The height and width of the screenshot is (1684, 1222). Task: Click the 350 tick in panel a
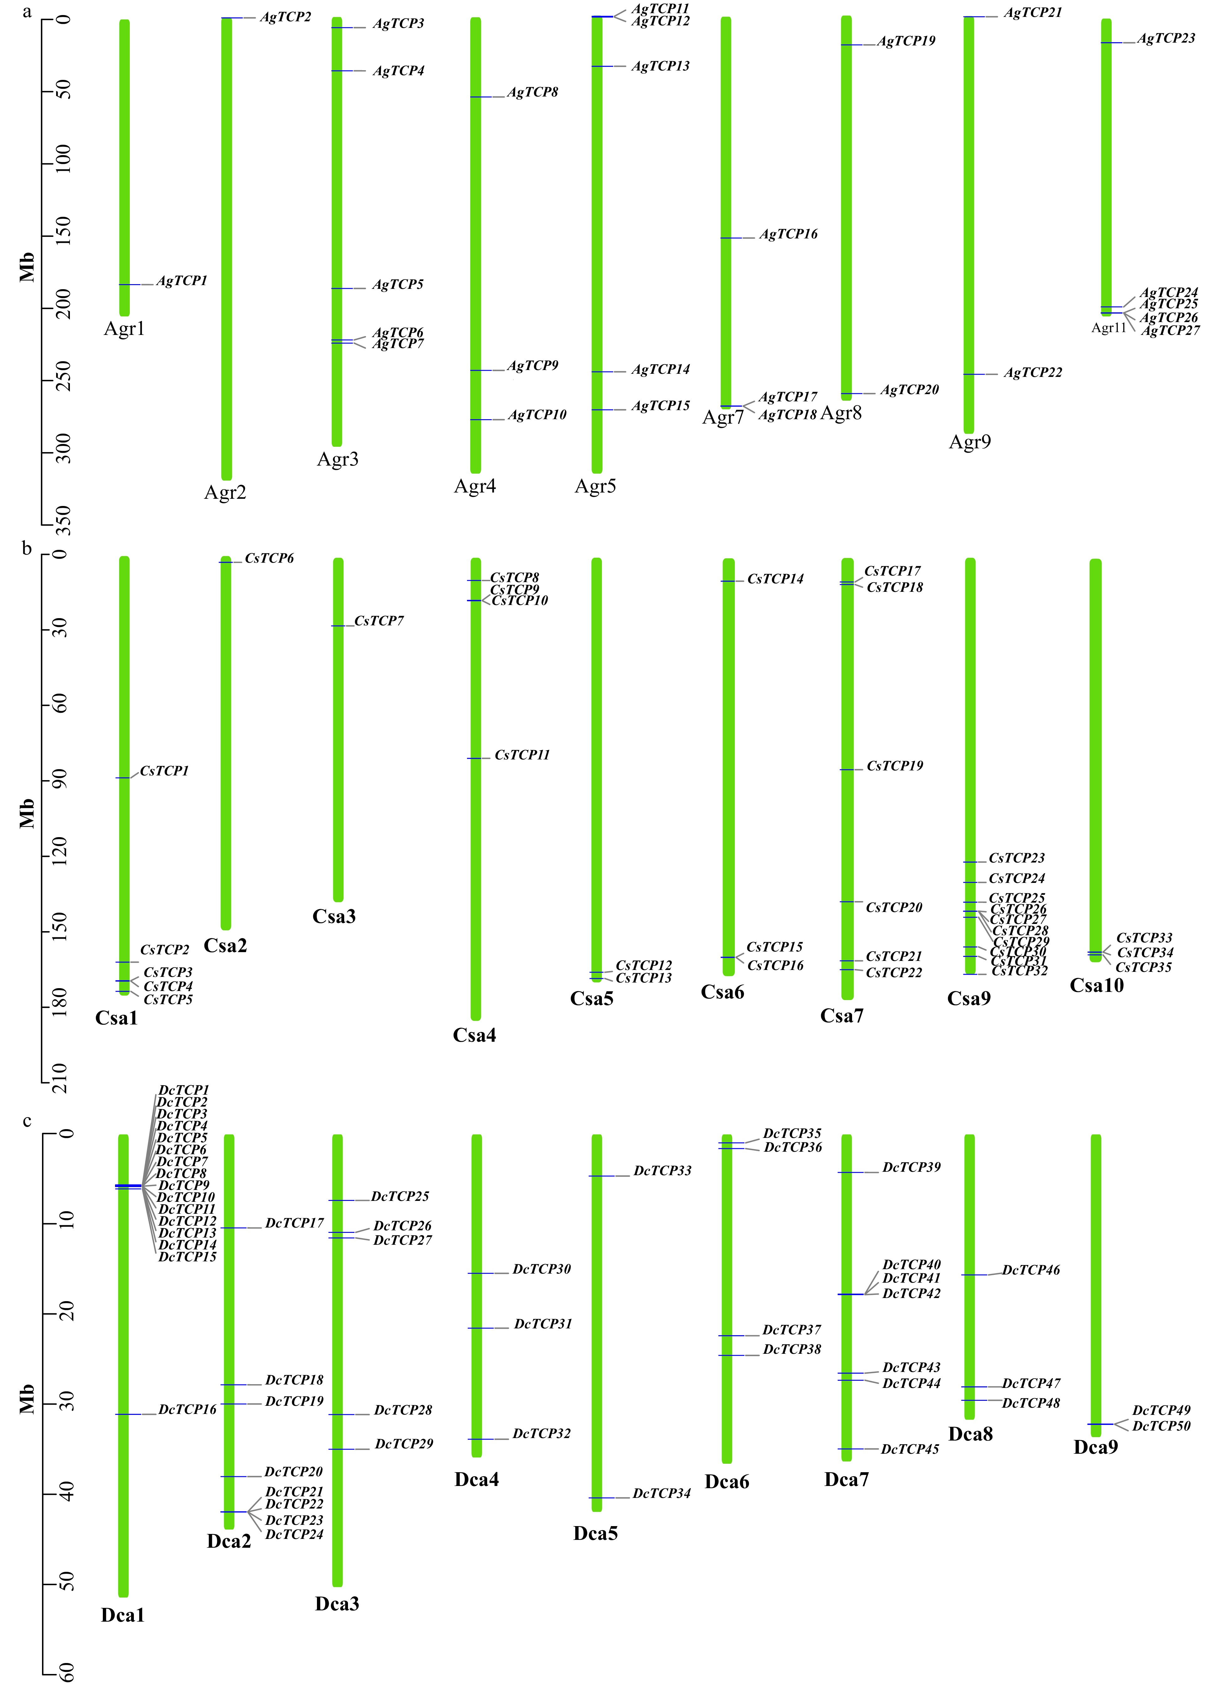pyautogui.click(x=64, y=520)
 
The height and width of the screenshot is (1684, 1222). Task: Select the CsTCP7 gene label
pyautogui.click(x=379, y=621)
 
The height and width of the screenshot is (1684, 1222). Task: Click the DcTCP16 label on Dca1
pyautogui.click(x=187, y=1409)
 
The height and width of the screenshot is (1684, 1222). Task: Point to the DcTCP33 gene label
pyautogui.click(x=662, y=1171)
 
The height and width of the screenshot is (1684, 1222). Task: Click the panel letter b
pyautogui.click(x=27, y=549)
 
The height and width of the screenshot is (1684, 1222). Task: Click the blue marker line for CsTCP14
pyautogui.click(x=728, y=581)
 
